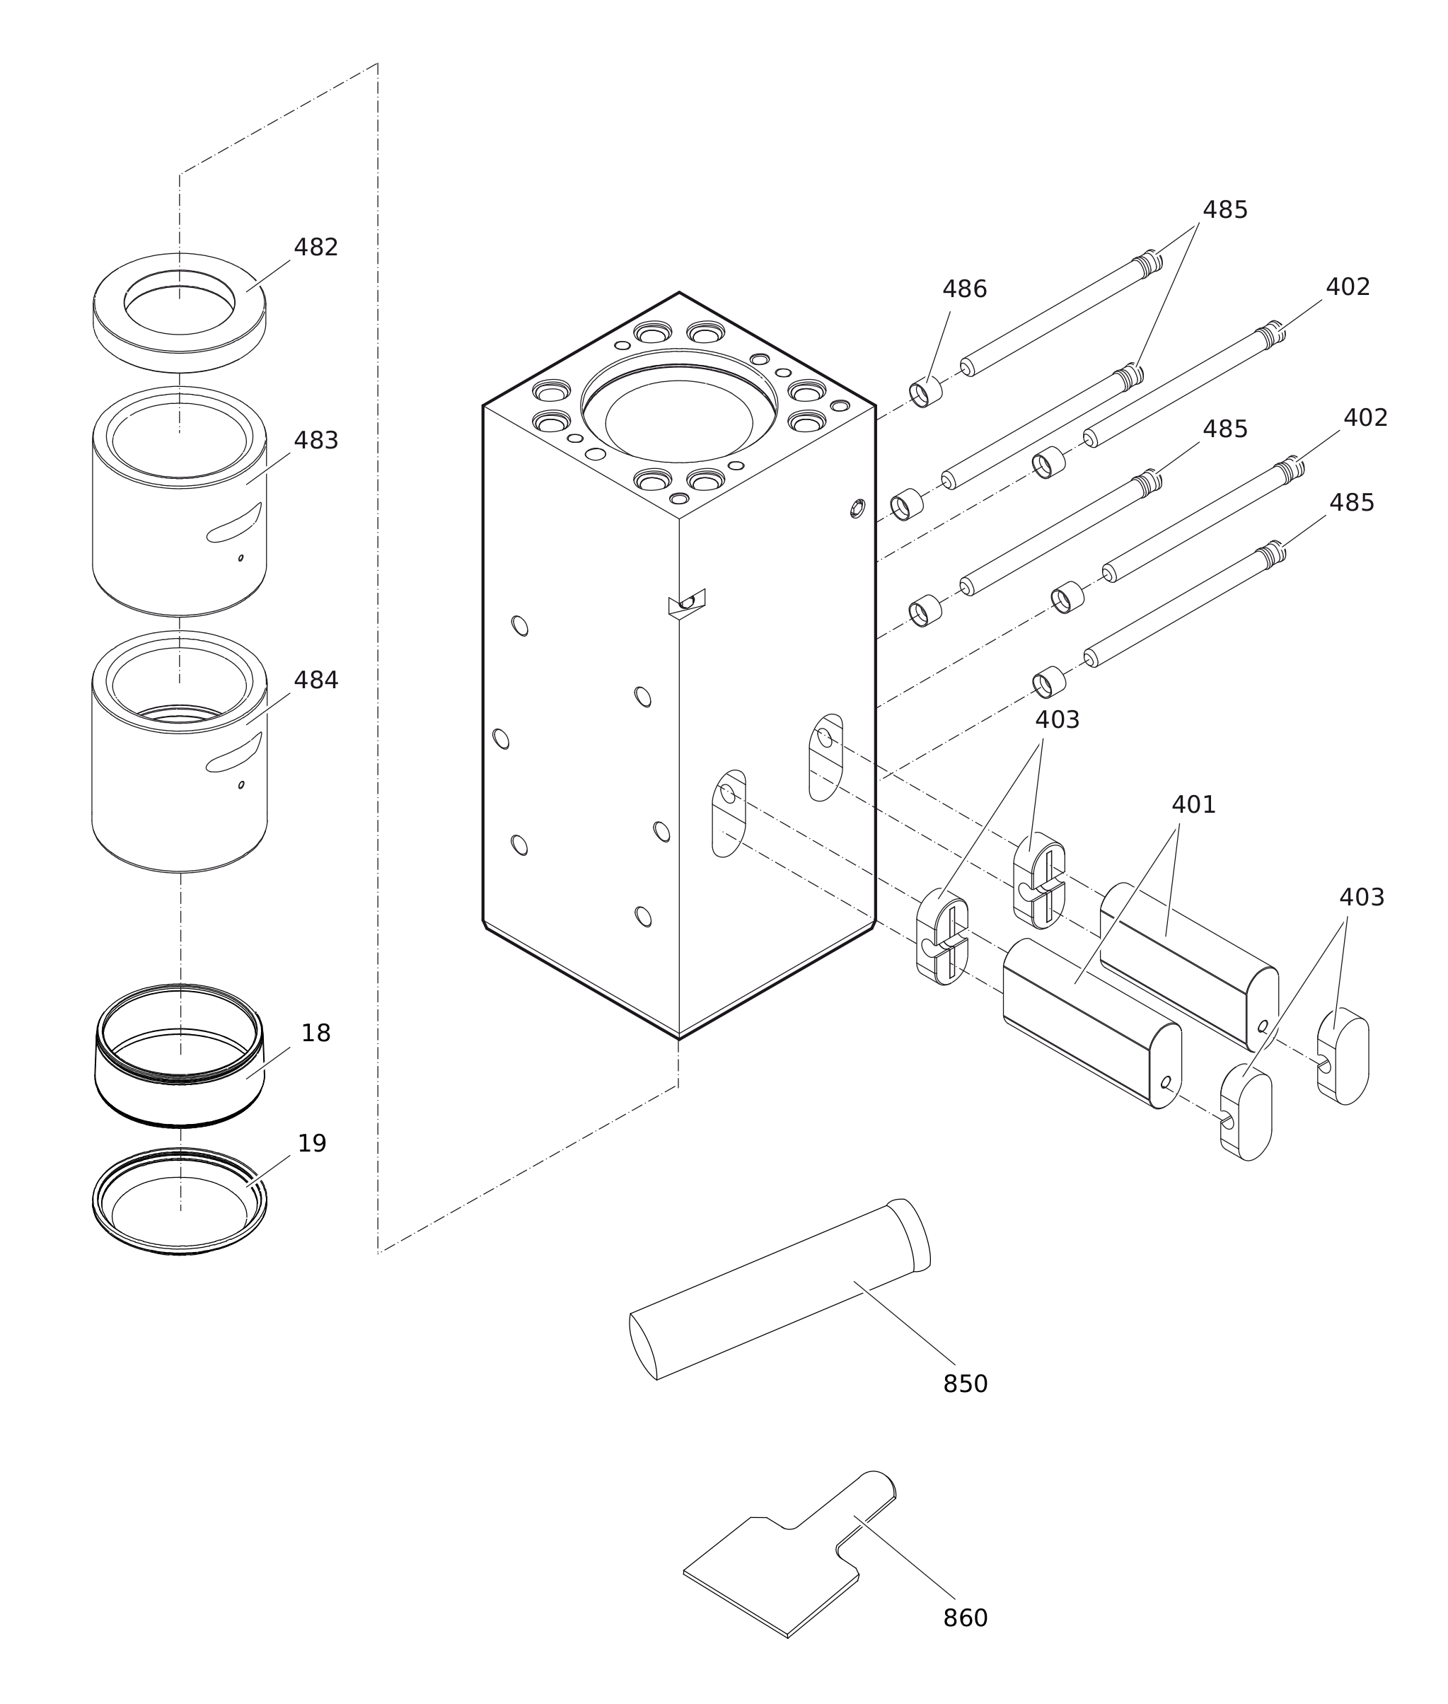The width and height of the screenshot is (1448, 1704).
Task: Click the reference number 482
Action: coord(316,248)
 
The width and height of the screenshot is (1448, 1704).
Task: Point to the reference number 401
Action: coord(1193,805)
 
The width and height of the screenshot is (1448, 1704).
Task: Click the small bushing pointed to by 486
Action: coord(925,393)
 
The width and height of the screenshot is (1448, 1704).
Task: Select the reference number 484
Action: coord(316,680)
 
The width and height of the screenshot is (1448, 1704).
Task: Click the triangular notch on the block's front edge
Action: coord(686,603)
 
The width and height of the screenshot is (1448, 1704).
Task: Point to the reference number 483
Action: coord(316,441)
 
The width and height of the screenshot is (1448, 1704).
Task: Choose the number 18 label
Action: coord(315,1033)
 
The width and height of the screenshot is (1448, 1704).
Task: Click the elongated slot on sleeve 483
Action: coord(235,523)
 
